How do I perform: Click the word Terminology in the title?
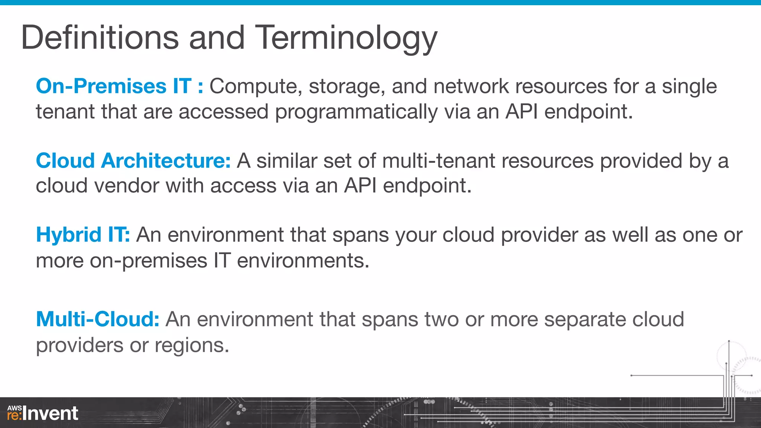click(x=346, y=38)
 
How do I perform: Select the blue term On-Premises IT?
click(x=114, y=86)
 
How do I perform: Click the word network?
click(x=471, y=86)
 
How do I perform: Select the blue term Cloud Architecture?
click(x=133, y=161)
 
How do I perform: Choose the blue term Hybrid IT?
click(x=82, y=235)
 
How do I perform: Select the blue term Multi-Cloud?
click(x=97, y=319)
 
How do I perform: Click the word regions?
click(x=191, y=346)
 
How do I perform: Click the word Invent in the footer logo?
click(x=50, y=414)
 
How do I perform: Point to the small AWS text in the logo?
click(x=14, y=408)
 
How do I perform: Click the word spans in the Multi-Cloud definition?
click(x=390, y=320)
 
